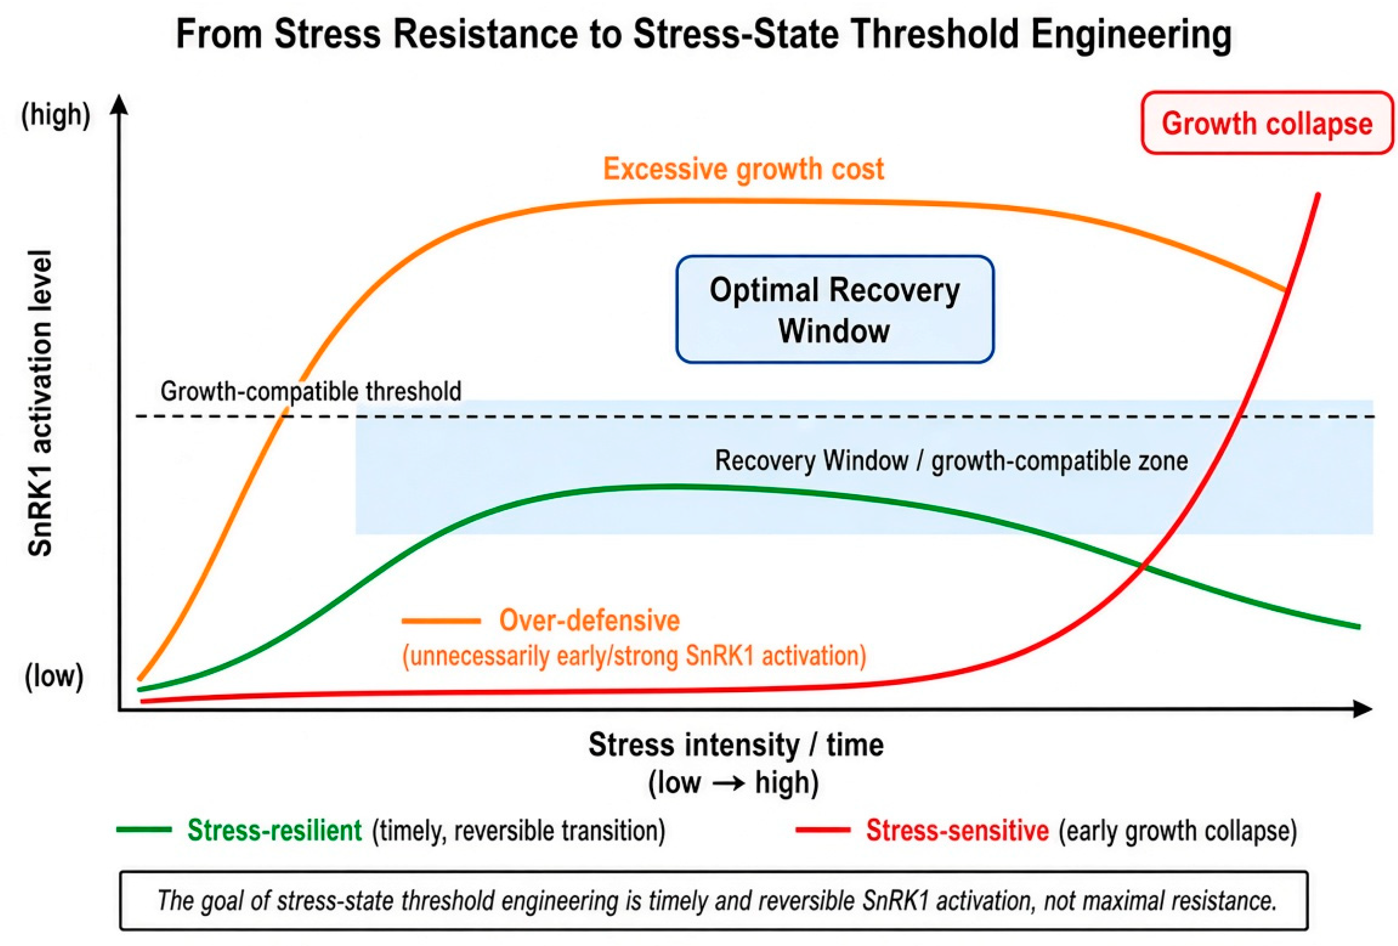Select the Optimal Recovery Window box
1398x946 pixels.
click(835, 309)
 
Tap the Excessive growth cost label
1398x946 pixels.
click(744, 169)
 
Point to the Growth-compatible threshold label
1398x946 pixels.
click(311, 391)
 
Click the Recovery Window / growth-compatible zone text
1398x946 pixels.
click(951, 461)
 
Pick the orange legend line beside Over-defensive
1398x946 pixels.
click(441, 621)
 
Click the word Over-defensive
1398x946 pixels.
click(590, 620)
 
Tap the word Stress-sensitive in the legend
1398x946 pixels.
click(958, 831)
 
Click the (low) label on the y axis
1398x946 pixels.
click(54, 677)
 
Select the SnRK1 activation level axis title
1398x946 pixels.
click(40, 403)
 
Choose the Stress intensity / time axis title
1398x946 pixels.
click(736, 745)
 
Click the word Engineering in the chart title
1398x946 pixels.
click(1131, 34)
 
